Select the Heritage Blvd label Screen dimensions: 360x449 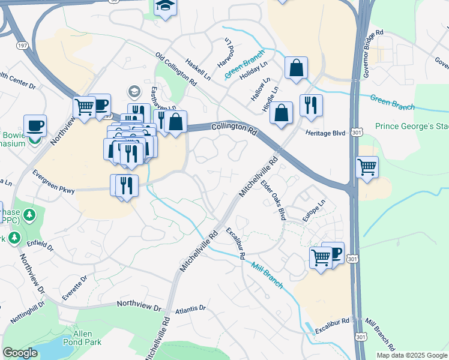325,133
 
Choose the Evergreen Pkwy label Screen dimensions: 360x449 54,189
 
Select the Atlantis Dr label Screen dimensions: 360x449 191,309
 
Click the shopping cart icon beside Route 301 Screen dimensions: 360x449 367,166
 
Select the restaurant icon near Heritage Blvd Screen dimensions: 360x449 311,105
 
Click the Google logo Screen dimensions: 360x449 20,353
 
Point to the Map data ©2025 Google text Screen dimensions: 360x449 411,355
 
